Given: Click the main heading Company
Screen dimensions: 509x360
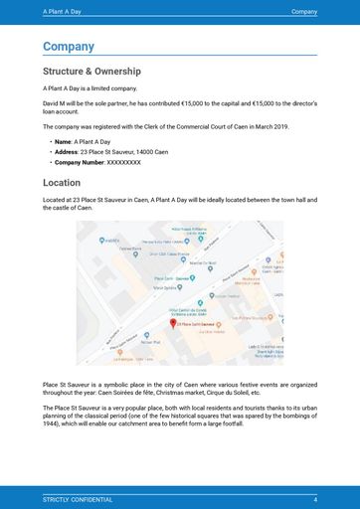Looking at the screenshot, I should point(69,47).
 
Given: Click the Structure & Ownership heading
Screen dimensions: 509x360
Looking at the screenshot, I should point(91,72).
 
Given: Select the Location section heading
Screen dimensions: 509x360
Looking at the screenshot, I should point(62,183).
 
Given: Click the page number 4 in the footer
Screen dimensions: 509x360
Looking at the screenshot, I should point(314,498).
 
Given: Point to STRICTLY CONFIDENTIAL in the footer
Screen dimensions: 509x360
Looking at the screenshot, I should point(78,498).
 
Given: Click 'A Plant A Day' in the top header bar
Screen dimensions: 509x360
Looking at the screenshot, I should point(63,11).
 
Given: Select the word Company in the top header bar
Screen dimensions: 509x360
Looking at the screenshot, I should point(303,11).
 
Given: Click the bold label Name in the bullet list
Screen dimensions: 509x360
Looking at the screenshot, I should point(62,142).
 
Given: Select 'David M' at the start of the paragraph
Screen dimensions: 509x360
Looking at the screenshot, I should point(55,102).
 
